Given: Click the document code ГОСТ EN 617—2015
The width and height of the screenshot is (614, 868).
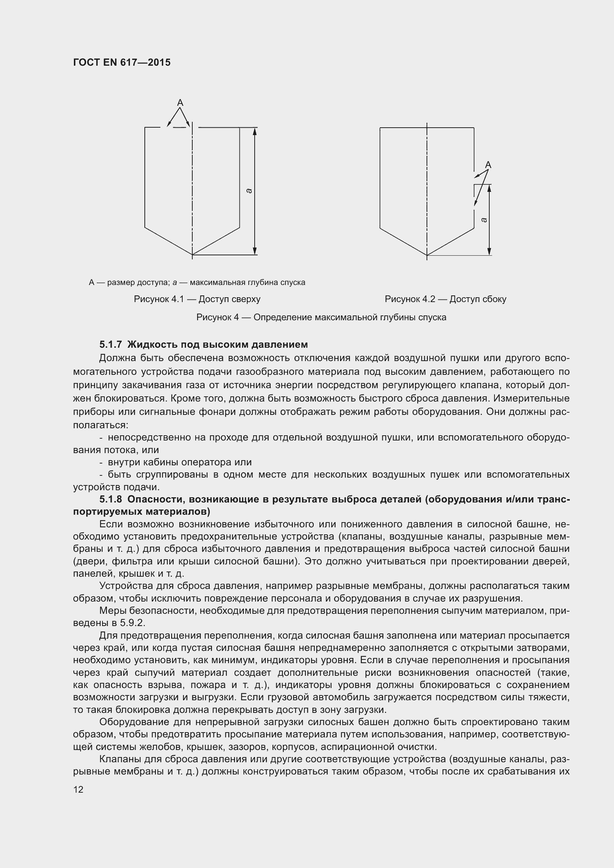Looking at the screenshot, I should [122, 62].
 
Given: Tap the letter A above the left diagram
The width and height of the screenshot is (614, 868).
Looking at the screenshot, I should [180, 102].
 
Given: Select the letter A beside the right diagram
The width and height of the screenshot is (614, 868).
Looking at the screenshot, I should [488, 165].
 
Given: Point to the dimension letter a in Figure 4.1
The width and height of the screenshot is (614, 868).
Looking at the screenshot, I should [248, 191].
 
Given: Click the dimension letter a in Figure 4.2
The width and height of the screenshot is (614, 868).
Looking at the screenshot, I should [484, 220].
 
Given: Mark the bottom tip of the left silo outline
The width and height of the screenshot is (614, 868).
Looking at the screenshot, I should [192, 255].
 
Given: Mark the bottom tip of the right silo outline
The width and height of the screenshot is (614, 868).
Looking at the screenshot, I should [427, 255].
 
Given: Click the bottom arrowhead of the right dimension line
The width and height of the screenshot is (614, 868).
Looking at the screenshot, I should [489, 252].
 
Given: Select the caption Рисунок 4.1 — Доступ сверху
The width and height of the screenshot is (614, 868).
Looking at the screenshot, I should [197, 299].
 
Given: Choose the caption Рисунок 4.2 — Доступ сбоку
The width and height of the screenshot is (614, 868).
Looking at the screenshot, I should [445, 299].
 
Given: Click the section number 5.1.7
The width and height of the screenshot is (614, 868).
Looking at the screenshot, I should [111, 344].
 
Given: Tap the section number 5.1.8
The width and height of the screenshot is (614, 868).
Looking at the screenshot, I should [111, 499].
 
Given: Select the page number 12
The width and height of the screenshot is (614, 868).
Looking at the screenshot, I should [78, 789].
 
